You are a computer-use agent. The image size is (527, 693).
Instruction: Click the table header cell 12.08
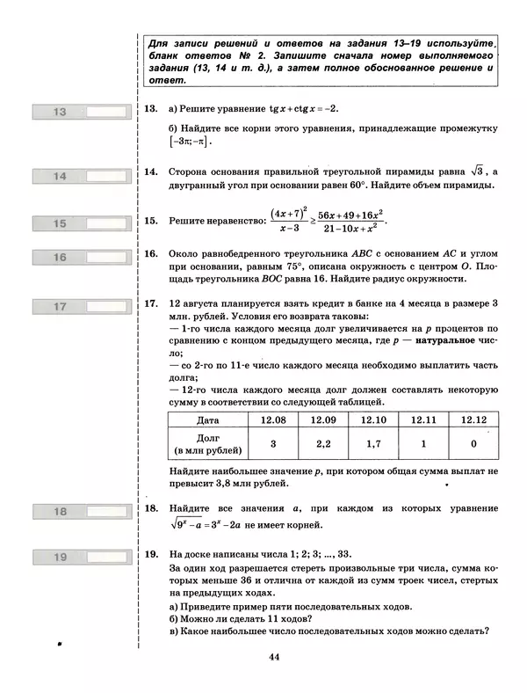tap(273, 419)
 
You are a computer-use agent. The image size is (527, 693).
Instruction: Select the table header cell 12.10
tap(374, 419)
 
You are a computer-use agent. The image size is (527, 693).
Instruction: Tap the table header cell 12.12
tap(473, 419)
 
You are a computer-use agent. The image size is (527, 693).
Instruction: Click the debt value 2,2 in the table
tap(323, 444)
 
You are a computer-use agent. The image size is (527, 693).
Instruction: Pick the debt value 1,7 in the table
tap(374, 444)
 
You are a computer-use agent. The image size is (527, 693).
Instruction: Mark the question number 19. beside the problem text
tap(150, 554)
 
